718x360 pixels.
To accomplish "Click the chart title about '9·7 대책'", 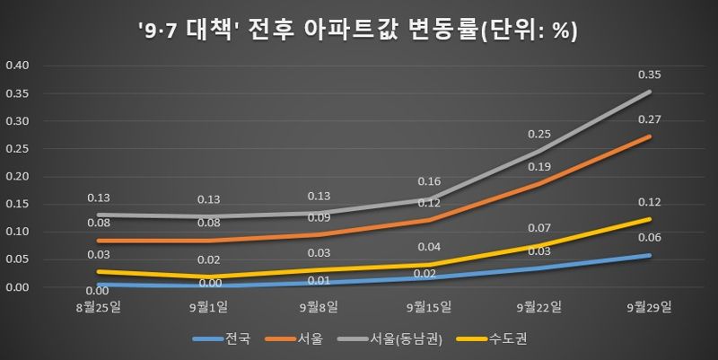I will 358,30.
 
